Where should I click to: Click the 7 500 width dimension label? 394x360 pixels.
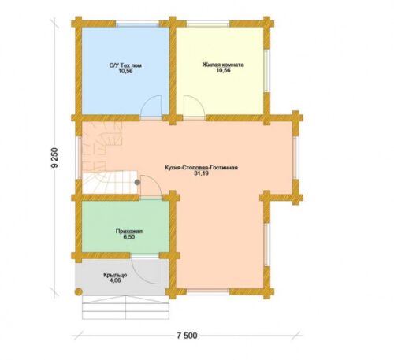[x=187, y=336]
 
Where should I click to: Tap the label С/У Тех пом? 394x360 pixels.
[x=125, y=65]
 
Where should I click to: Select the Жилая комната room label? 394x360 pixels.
[x=223, y=65]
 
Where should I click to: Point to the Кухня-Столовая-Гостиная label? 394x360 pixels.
[x=201, y=168]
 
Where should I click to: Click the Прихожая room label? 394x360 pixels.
[x=129, y=232]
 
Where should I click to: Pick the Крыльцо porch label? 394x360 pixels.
[x=115, y=275]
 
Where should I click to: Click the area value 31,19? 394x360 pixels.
[x=202, y=173]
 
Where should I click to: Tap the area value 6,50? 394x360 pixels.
[x=129, y=237]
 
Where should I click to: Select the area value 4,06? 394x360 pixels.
[x=115, y=280]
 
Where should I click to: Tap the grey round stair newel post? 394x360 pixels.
[x=137, y=182]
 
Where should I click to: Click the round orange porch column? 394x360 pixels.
[x=79, y=291]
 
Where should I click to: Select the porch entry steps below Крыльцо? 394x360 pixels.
[x=125, y=307]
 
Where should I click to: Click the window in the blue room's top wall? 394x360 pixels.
[x=138, y=24]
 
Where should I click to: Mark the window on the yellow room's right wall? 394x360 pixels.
[x=266, y=71]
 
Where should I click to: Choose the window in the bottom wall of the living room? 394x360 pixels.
[x=208, y=291]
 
